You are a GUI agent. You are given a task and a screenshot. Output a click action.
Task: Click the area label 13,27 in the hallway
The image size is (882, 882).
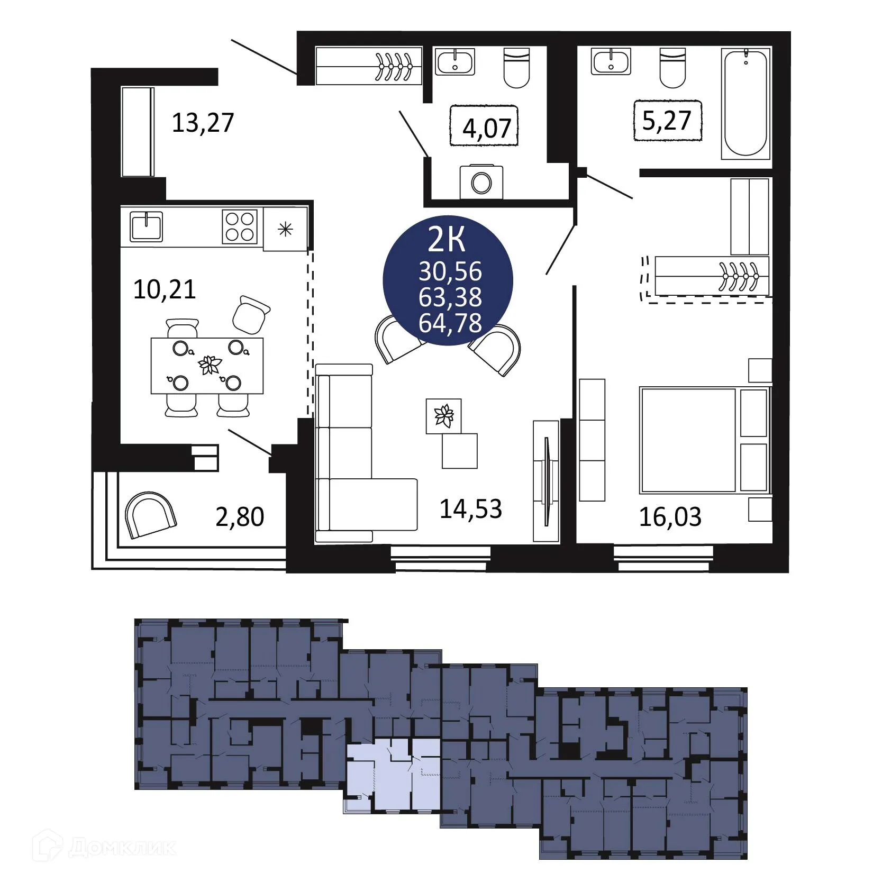tap(203, 123)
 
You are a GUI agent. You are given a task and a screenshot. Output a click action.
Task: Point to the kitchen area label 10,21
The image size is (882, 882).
tap(165, 289)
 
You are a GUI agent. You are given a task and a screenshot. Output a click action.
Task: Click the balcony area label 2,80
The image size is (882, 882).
tap(240, 516)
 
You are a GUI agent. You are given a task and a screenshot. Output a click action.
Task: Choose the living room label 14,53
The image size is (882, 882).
tap(470, 508)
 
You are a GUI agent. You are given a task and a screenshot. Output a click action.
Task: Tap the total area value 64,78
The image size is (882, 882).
tap(450, 323)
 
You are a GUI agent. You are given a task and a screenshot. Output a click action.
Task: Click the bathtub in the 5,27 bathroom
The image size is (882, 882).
tap(745, 103)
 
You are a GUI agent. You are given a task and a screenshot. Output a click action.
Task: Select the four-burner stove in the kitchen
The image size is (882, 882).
tap(239, 226)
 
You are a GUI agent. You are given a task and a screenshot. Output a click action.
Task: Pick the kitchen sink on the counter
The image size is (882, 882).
tap(146, 226)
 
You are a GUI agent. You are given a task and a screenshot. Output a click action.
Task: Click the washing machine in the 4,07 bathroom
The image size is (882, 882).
tap(481, 183)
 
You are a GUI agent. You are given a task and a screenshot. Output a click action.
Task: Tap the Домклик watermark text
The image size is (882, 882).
tap(122, 848)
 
